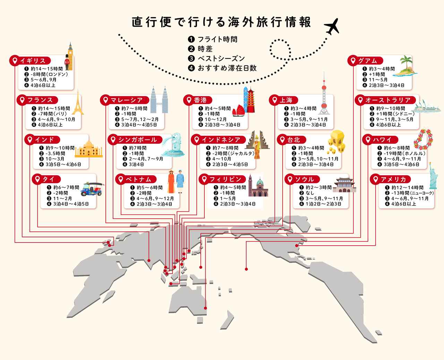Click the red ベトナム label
tap(136, 179)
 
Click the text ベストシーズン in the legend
tap(221, 59)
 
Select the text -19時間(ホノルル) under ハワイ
tap(404, 153)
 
